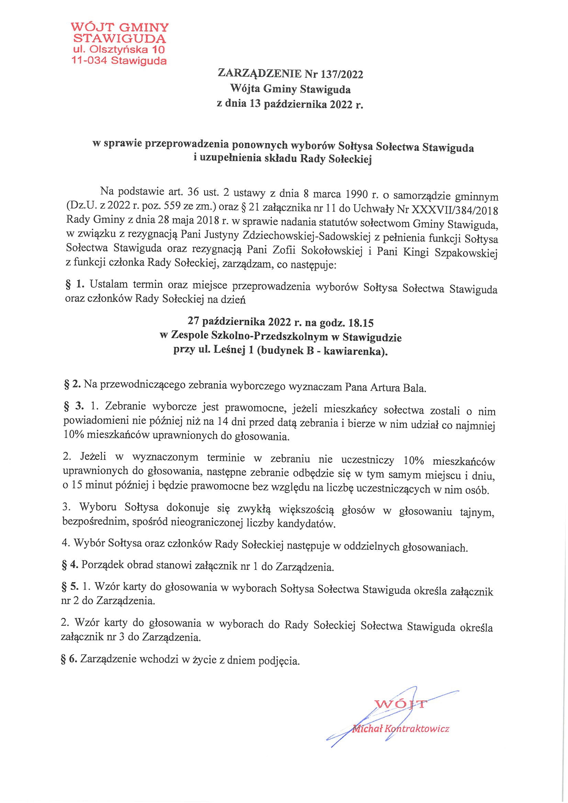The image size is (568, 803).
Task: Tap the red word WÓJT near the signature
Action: click(x=401, y=703)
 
